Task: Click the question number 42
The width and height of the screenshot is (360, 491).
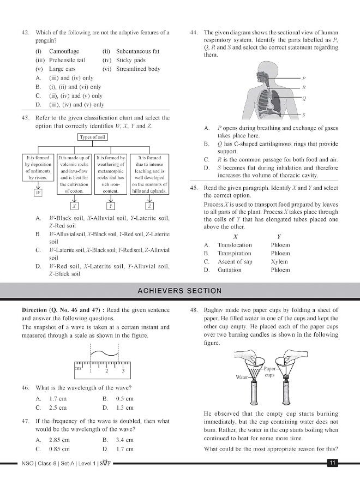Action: coord(25,33)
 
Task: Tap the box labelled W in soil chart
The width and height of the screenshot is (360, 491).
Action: coord(38,193)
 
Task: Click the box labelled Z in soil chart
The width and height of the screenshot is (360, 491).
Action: coord(149,206)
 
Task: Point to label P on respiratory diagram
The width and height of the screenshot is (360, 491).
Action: coord(304,78)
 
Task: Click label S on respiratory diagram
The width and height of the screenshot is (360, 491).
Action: coord(304,115)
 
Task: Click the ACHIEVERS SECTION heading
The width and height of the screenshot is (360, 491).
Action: coord(179,291)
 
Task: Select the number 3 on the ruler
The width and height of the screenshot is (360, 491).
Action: coord(124,371)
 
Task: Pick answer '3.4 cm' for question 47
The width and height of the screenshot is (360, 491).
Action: coord(125,440)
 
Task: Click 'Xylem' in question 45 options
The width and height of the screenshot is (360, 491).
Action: coord(280,261)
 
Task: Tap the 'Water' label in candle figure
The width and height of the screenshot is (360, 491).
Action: coord(242,377)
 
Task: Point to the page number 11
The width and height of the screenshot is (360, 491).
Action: coord(332,464)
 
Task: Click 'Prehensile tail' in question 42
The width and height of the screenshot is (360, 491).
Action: coord(67,60)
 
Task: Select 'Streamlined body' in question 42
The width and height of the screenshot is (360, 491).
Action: coord(139,69)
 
